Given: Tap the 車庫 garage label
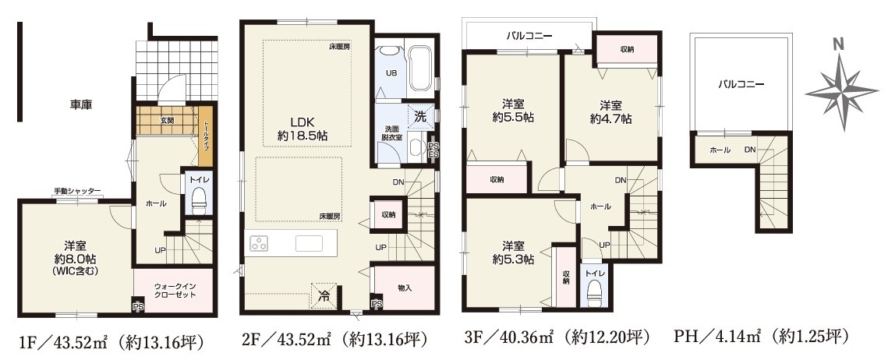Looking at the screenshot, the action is (x=81, y=104).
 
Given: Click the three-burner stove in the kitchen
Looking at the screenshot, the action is (x=260, y=244).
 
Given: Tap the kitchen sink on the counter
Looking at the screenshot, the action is (x=309, y=244).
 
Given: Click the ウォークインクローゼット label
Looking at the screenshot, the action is (x=175, y=291).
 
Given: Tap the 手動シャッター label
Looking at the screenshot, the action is (x=78, y=191).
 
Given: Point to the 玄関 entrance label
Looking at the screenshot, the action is (x=167, y=120).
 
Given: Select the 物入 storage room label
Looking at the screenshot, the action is (x=405, y=288).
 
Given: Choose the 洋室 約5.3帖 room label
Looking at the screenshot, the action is (x=512, y=252).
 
